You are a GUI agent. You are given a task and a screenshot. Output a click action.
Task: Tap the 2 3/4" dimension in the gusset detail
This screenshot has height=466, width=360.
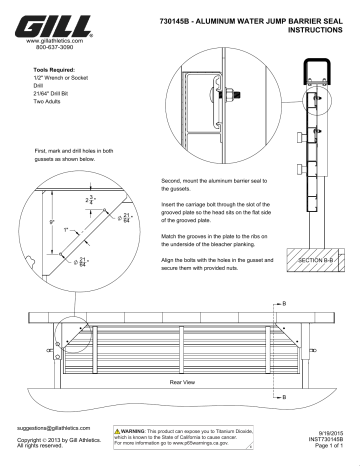pos(89,201)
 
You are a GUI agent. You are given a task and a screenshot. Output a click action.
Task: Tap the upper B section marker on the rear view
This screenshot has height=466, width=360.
pos(286,301)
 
